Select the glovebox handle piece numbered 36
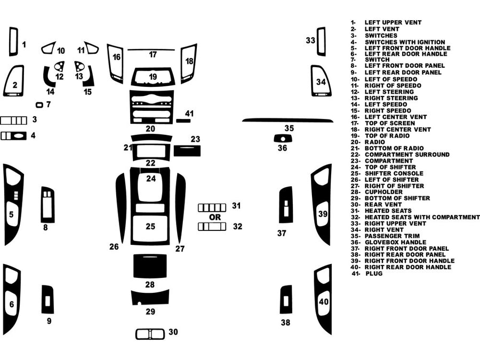pyautogui.click(x=282, y=138)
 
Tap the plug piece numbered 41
pyautogui.click(x=183, y=121)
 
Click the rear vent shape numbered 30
pyautogui.click(x=150, y=334)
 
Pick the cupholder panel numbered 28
pyautogui.click(x=150, y=266)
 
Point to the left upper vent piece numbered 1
pyautogui.click(x=13, y=42)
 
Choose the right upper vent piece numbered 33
pyautogui.click(x=321, y=42)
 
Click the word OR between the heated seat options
pyautogui.click(x=214, y=217)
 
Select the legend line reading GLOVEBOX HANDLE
pyautogui.click(x=399, y=242)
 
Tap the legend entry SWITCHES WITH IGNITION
pyautogui.click(x=405, y=42)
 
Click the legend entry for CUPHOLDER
pyautogui.click(x=383, y=192)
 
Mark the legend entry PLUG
pyautogui.click(x=374, y=273)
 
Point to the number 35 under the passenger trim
pyautogui.click(x=289, y=128)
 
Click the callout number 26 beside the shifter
pyautogui.click(x=114, y=247)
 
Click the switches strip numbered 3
pyautogui.click(x=13, y=120)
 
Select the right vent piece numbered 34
pyautogui.click(x=319, y=81)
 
